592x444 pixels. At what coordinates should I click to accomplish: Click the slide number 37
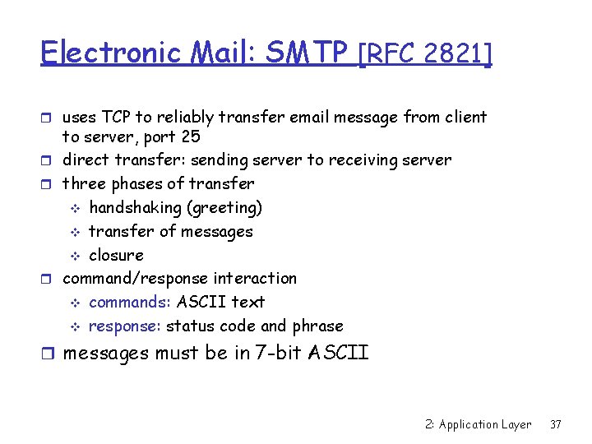click(556, 424)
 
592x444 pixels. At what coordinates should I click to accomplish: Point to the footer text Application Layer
click(485, 424)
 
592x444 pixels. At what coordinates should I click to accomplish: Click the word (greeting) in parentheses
click(234, 207)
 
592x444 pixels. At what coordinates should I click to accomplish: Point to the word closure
click(116, 255)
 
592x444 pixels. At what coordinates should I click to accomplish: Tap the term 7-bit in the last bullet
click(270, 354)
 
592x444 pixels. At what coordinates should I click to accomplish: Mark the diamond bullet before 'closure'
click(72, 256)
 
